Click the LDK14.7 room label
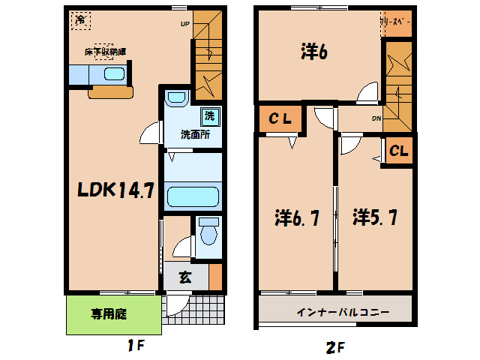click(x=116, y=190)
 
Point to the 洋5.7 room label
click(x=376, y=218)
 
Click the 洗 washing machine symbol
click(x=209, y=116)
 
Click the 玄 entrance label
click(x=185, y=276)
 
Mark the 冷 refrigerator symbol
click(x=79, y=19)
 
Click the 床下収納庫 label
click(x=104, y=52)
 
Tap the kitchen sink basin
click(x=114, y=75)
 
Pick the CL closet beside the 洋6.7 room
click(x=280, y=118)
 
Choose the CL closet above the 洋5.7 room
click(x=398, y=151)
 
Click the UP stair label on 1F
click(x=184, y=23)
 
